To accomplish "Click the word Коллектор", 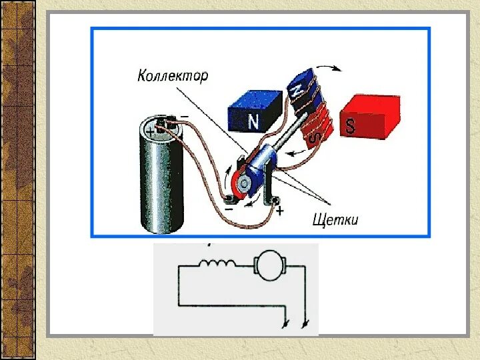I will (172, 75).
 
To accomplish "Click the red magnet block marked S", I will (369, 117).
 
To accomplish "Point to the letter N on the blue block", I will (253, 121).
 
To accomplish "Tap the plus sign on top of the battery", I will (151, 133).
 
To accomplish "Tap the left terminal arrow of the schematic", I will (287, 324).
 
